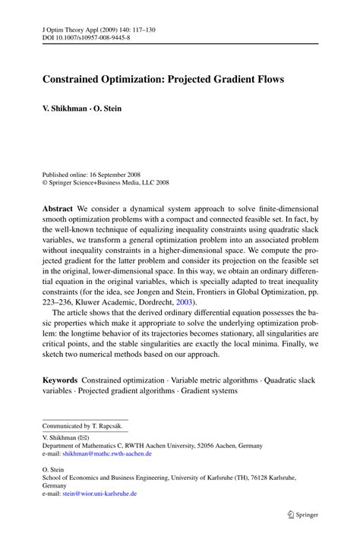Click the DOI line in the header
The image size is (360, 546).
pyautogui.click(x=81, y=36)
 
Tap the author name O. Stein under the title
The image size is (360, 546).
pyautogui.click(x=107, y=109)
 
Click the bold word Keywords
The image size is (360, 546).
pyautogui.click(x=60, y=380)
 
